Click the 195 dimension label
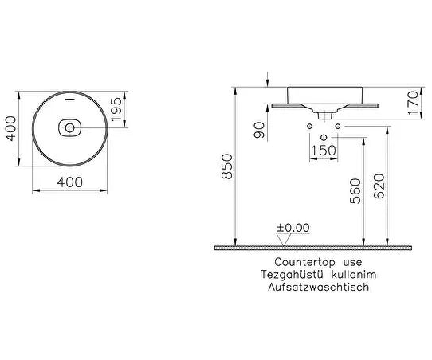117,109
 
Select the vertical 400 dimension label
11,128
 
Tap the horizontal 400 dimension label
69,182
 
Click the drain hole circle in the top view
69,127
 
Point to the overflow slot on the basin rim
69,99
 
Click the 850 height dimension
227,166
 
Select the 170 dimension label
413,103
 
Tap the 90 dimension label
259,131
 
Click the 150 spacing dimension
324,151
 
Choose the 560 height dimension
355,191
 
